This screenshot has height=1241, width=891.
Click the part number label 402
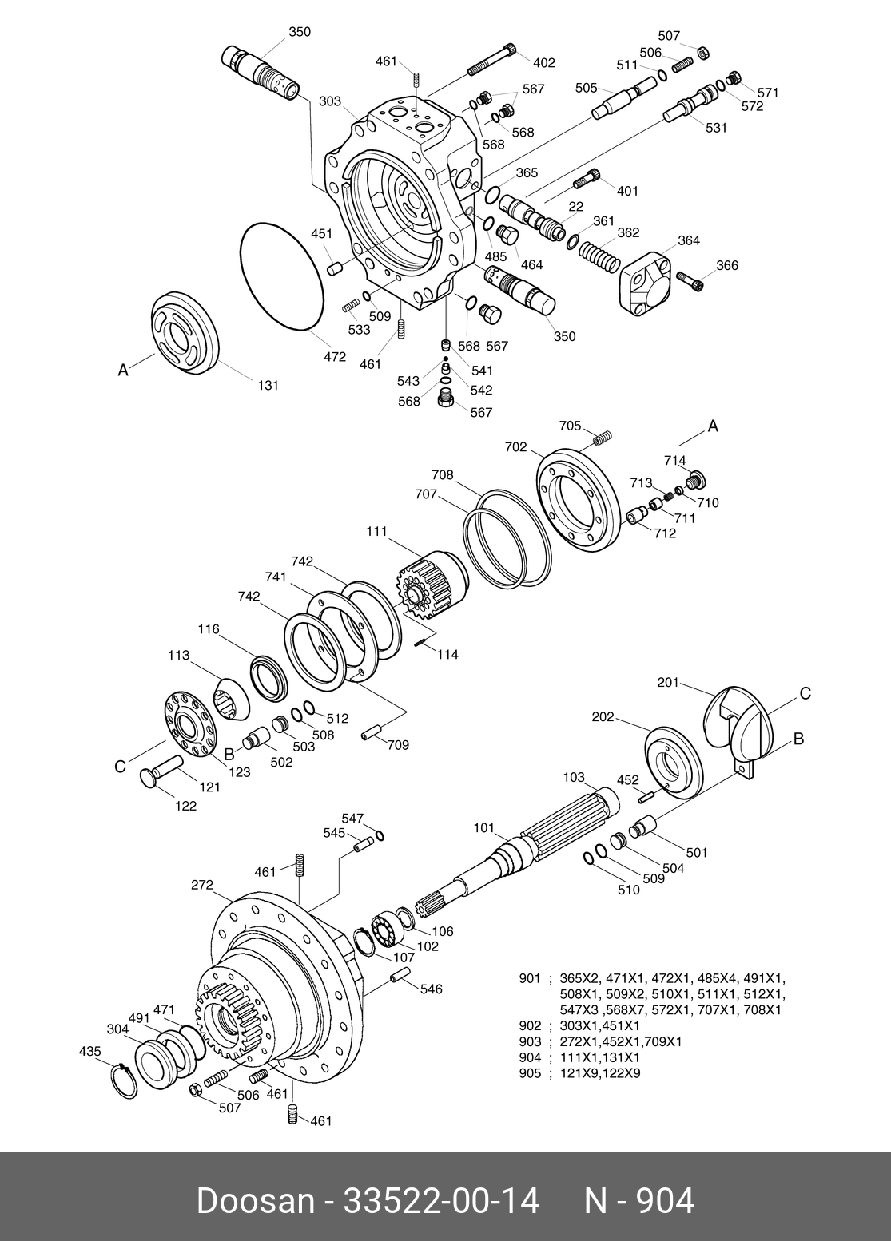(x=544, y=63)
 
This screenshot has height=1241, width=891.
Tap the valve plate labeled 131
(x=185, y=331)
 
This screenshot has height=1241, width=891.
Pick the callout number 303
(x=330, y=101)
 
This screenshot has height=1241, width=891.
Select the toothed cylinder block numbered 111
(x=433, y=587)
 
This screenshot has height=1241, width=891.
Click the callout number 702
(x=516, y=447)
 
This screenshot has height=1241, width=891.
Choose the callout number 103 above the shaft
(x=574, y=777)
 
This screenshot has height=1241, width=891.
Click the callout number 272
(x=202, y=885)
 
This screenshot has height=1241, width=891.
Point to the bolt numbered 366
(x=691, y=279)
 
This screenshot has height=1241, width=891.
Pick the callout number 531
(x=716, y=127)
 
